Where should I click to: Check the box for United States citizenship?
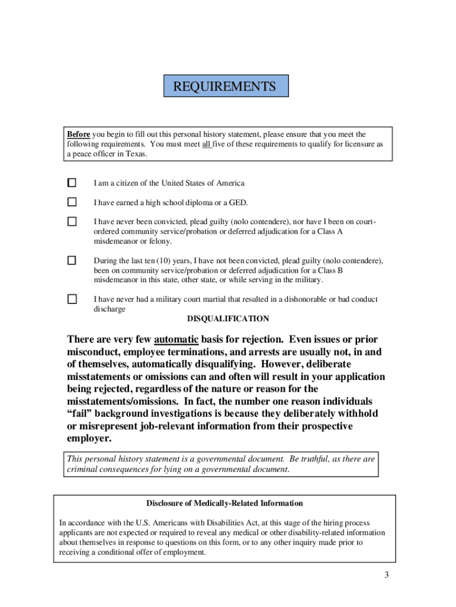tap(72, 183)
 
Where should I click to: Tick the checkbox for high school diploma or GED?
tap(72, 202)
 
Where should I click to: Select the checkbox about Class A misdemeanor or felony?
tap(72, 222)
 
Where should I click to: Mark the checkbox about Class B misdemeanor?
tap(72, 260)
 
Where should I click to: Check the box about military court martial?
tap(72, 299)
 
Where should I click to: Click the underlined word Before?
tap(78, 135)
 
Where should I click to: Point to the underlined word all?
tap(207, 144)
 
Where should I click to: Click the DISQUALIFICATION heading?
tap(228, 319)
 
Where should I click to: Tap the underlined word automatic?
tap(176, 340)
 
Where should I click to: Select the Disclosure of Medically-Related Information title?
tap(224, 503)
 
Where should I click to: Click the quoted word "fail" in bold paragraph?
tap(80, 413)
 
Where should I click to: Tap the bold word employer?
tap(89, 439)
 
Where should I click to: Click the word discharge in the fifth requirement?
tap(110, 309)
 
